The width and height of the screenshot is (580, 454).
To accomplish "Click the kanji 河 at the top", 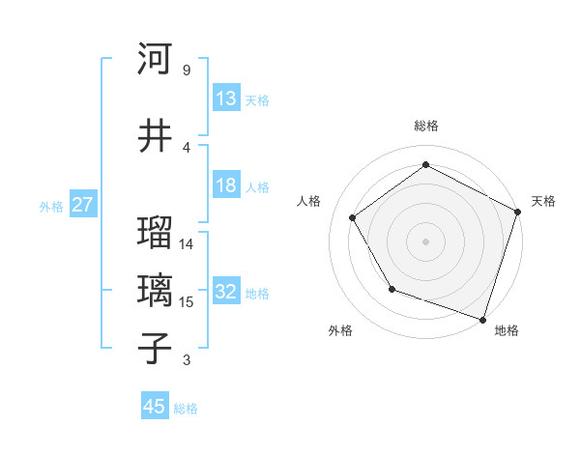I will click(155, 60).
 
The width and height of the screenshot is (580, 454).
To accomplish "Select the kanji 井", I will click(155, 135).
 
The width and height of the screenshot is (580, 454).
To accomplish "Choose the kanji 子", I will click(155, 348).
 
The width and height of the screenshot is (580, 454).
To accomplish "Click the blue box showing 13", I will click(226, 99).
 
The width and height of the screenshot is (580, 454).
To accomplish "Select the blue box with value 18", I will click(226, 185).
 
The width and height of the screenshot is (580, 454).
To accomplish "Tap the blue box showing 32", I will click(226, 293).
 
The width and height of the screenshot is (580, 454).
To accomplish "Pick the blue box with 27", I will click(82, 205).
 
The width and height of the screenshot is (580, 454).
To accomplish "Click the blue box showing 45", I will click(155, 407).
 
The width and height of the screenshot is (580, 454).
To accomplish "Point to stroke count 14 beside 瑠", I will click(187, 244).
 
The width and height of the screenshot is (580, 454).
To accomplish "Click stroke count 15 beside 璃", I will click(187, 302).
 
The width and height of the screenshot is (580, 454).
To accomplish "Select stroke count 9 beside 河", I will click(186, 71).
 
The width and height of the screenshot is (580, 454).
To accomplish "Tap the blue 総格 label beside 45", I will click(186, 409).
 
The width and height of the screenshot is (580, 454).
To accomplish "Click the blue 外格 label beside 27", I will click(51, 207).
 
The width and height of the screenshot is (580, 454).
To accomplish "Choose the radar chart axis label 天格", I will click(543, 201).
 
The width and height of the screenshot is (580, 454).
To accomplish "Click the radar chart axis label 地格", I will click(507, 330).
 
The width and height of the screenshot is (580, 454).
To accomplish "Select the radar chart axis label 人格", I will click(309, 201).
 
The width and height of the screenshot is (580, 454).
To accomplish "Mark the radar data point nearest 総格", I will click(425, 165).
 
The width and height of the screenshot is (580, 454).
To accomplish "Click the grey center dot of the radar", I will click(425, 241).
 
